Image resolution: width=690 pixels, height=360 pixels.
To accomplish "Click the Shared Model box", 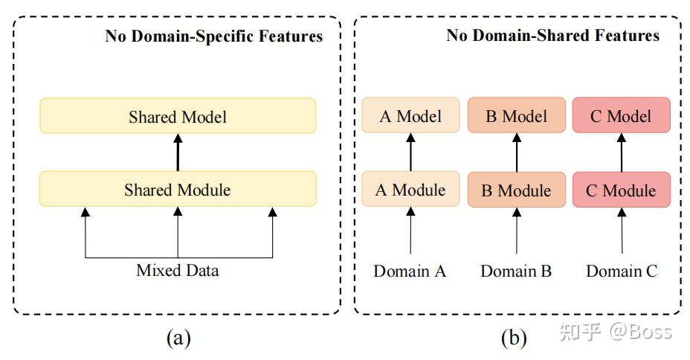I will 177,116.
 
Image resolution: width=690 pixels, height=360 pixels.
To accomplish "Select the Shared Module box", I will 177,189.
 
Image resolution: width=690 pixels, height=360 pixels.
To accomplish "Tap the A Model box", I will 410,115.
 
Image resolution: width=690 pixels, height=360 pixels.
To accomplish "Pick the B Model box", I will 516,115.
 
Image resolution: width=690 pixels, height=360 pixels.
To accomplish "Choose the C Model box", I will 622,115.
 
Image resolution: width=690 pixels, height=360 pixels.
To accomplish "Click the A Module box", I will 410,189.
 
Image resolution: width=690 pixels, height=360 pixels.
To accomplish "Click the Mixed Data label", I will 177,270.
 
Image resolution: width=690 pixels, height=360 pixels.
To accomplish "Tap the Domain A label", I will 410,271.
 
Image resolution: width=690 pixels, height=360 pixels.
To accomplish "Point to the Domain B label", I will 516,271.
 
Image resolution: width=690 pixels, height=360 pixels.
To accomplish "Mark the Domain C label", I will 622,271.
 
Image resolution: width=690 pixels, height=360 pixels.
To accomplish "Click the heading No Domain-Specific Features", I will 213,36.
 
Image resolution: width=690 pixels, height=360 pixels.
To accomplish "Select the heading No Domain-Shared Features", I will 552,35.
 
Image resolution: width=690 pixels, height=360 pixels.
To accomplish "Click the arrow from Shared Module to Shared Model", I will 177,152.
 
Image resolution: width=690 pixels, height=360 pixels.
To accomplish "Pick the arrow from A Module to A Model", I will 410,152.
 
